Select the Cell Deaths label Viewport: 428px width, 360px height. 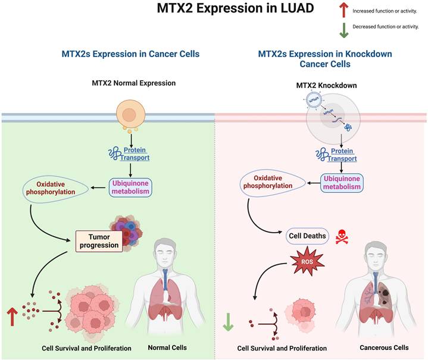[307, 236]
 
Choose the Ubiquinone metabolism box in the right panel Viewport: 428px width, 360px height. [341, 182]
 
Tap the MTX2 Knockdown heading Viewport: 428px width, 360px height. [327, 86]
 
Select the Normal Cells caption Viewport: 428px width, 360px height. [167, 348]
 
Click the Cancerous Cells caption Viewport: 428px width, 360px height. [384, 348]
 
